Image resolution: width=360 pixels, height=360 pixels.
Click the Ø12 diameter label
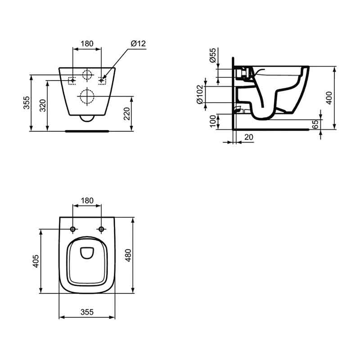138,43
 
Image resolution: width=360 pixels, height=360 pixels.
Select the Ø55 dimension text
213,55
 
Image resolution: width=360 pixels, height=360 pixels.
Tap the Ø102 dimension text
200,94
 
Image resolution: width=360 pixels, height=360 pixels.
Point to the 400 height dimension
329,98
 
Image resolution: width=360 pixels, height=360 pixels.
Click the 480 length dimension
128,255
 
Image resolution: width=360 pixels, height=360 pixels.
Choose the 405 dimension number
36,261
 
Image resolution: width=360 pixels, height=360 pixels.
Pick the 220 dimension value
126,114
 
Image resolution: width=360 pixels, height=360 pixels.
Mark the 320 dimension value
43,106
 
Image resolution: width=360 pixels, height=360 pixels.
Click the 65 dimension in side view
316,124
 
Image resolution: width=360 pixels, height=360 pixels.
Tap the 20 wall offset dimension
249,137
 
